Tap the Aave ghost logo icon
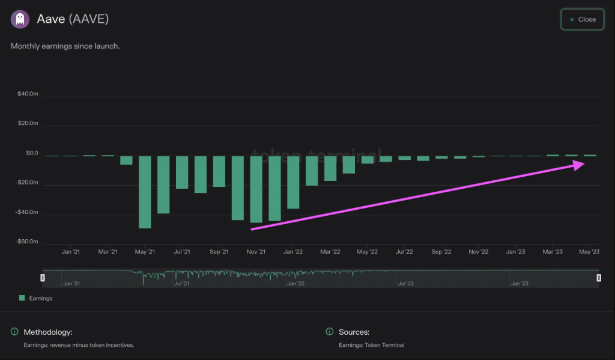tap(20, 19)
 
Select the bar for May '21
tap(145, 192)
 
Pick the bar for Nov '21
tap(256, 189)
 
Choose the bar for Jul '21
tap(182, 172)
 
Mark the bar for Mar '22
tap(330, 168)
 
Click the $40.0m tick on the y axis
tap(28, 94)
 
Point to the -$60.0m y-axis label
tap(27, 242)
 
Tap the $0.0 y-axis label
tap(31, 154)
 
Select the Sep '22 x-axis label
tap(441, 252)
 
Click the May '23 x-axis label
tap(589, 252)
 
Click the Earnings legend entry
tap(35, 298)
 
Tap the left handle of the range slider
tap(43, 278)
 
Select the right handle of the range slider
tap(599, 278)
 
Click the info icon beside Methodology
tap(14, 332)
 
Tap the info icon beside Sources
tap(329, 332)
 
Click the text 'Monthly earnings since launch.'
tap(65, 46)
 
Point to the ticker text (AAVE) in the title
tap(89, 19)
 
